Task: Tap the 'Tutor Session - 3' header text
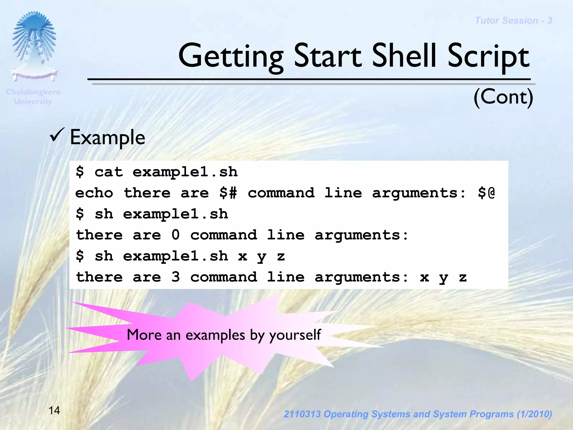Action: tap(513, 20)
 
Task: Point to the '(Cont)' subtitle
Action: tap(503, 97)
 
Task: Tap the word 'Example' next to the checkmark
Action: tap(107, 137)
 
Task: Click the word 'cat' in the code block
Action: tap(109, 172)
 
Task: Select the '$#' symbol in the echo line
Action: tap(228, 193)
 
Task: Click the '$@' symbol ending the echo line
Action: tap(486, 193)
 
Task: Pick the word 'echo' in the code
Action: tap(94, 193)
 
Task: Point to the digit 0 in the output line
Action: tap(175, 235)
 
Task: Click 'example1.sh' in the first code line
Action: tap(185, 172)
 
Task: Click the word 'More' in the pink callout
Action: tap(144, 335)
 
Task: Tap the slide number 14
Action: tap(54, 410)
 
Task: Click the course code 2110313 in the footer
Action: tap(302, 414)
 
